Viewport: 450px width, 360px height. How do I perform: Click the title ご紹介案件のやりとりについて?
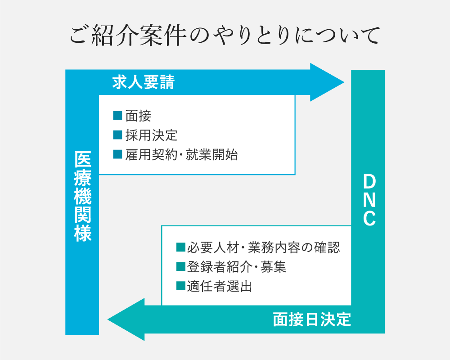(225, 36)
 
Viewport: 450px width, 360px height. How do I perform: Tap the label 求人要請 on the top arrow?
(143, 83)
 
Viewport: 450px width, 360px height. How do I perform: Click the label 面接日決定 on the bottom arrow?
(312, 319)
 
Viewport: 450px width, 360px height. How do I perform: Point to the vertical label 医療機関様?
(82, 196)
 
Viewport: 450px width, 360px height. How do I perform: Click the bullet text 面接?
(138, 116)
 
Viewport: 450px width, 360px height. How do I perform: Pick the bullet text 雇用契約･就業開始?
(181, 155)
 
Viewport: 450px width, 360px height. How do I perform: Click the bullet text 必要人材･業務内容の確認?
(264, 247)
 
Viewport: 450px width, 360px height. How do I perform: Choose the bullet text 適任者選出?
(220, 286)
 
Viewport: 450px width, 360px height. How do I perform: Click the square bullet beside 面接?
(118, 116)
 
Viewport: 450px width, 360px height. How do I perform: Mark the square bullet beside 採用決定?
(118, 135)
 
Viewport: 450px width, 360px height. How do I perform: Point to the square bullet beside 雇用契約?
(118, 155)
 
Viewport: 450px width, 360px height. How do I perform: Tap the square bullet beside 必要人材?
(181, 247)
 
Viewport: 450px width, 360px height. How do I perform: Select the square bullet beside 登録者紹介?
(181, 267)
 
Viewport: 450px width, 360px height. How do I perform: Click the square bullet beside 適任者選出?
(181, 286)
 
